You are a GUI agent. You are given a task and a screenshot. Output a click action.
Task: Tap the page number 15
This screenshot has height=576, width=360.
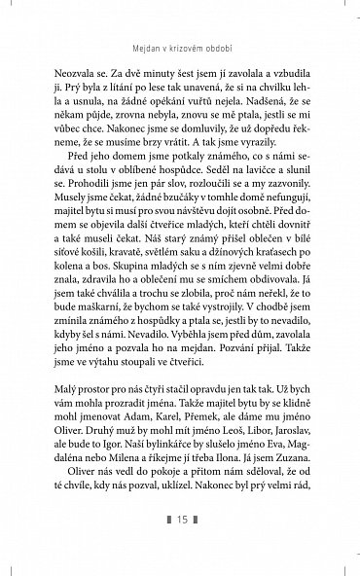[x=179, y=544]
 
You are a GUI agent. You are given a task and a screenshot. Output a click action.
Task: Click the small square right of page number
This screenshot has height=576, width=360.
[x=196, y=544]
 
